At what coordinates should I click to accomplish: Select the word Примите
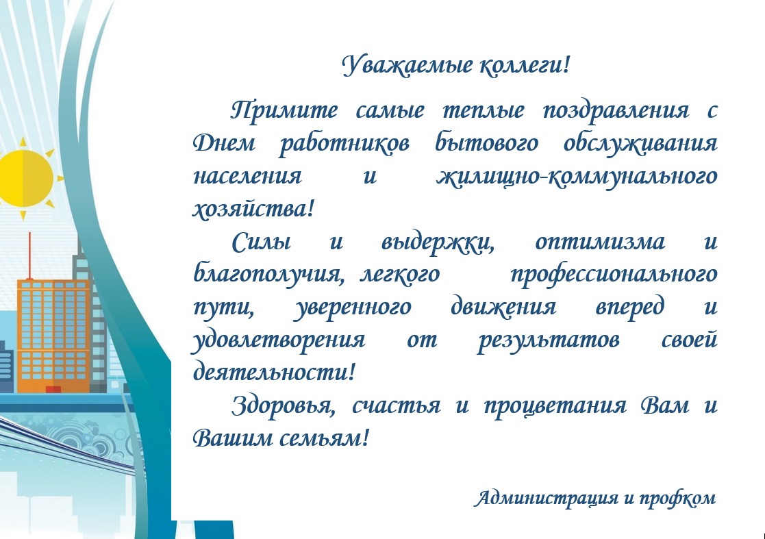pos(284,110)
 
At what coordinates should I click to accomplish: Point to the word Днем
pos(224,143)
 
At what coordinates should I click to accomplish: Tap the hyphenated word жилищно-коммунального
pos(577,177)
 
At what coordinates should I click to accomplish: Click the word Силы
pos(262,242)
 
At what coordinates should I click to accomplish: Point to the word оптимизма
pos(600,242)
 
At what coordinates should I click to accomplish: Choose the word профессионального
pos(613,275)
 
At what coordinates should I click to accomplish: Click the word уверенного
pos(352,308)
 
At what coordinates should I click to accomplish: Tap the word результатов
pos(548,340)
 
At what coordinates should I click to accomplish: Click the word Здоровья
pos(283,406)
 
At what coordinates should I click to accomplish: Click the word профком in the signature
pos(677,499)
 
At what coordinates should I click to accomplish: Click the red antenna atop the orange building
pos(29,256)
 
